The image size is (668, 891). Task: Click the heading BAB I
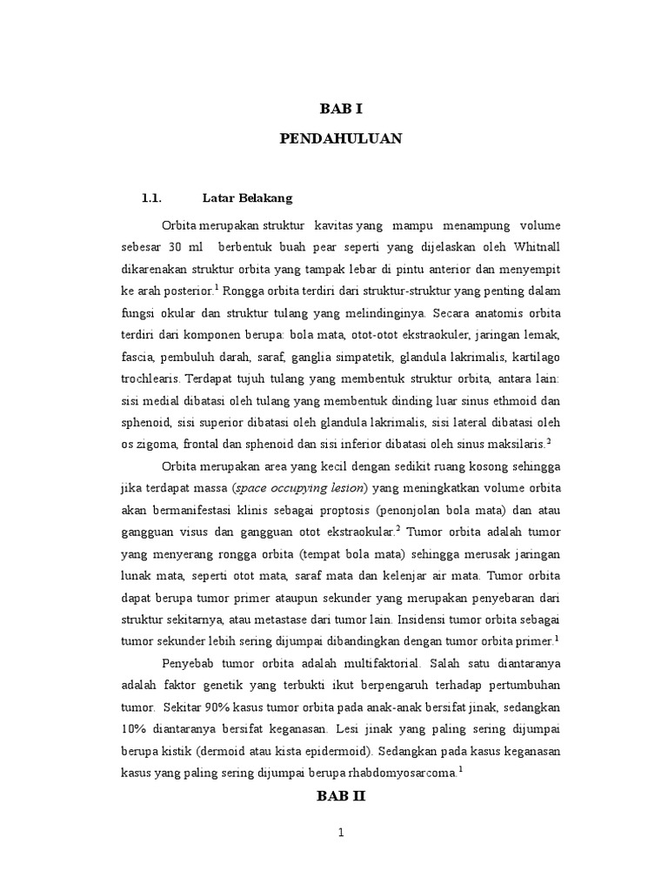coord(340,109)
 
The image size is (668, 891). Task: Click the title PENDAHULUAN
coord(340,139)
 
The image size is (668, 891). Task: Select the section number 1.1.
coord(152,198)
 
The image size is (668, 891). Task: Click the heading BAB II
coord(340,795)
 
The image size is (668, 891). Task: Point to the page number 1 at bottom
coord(341,833)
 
